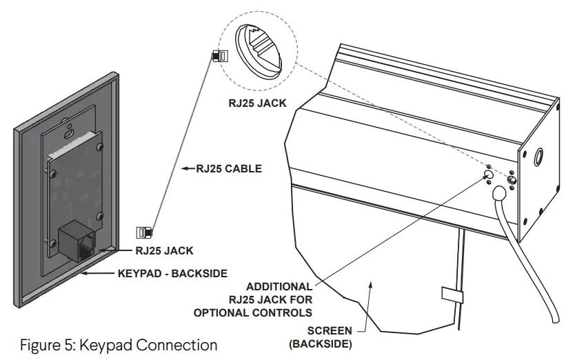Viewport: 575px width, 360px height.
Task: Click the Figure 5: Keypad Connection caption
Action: [118, 344]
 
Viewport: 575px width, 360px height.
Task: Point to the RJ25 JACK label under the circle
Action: [257, 105]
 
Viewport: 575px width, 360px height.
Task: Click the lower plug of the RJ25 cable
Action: [145, 232]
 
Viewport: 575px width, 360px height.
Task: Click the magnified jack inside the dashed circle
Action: [263, 51]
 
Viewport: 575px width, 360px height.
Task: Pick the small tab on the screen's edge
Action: [451, 294]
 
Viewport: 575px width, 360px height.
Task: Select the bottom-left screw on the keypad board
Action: [53, 240]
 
